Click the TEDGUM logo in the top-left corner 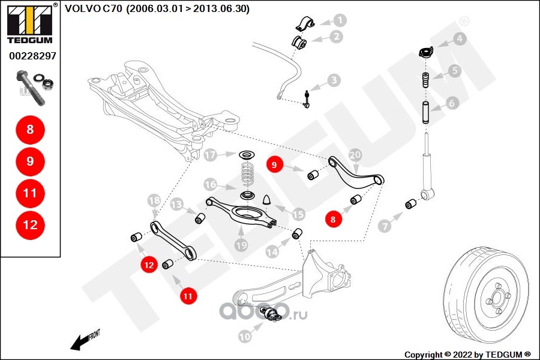click(30, 25)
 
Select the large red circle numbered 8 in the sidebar click(30, 129)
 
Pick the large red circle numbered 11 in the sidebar click(30, 193)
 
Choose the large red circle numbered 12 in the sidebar click(30, 225)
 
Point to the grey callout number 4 click(459, 39)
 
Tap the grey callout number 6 click(452, 103)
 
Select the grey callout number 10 click(245, 337)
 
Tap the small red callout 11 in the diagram click(188, 295)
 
